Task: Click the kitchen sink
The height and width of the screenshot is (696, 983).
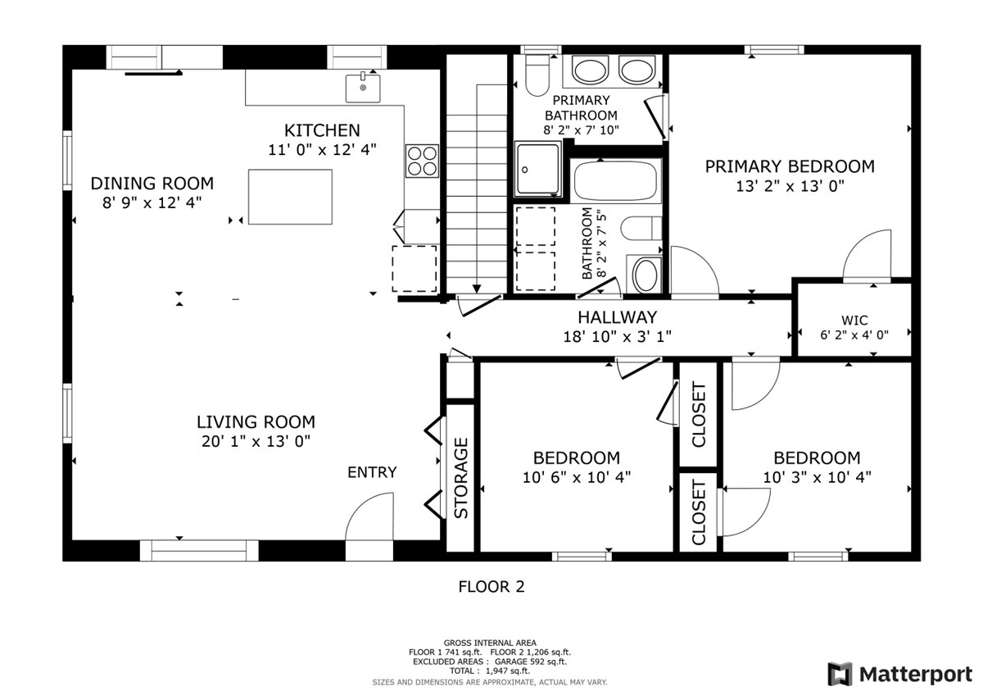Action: [363, 88]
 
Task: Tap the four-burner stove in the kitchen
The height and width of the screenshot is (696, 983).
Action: [422, 161]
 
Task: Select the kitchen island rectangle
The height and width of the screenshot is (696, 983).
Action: [290, 198]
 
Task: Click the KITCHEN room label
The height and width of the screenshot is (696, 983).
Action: [322, 130]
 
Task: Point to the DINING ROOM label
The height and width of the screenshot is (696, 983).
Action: [152, 184]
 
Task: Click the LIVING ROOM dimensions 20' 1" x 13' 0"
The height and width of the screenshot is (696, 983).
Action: [256, 441]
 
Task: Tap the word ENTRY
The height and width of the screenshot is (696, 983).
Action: [372, 472]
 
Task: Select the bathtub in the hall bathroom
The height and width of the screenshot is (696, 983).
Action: [616, 181]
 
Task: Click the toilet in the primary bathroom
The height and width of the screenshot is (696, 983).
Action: [537, 75]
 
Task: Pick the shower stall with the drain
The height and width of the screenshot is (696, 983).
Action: [538, 169]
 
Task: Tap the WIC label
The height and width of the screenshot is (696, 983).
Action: [854, 320]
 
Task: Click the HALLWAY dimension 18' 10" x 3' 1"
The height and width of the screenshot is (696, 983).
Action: [617, 337]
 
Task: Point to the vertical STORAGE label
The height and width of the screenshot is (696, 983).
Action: [461, 478]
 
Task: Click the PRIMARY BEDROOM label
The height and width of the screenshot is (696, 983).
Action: [790, 167]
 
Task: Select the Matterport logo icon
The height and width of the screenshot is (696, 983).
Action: [840, 674]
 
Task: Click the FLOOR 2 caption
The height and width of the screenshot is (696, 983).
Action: [491, 587]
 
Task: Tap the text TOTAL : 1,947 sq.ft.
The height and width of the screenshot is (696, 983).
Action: [490, 671]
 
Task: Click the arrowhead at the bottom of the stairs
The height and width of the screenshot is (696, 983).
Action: [477, 289]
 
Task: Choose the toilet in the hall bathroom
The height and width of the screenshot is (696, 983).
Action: [641, 228]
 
